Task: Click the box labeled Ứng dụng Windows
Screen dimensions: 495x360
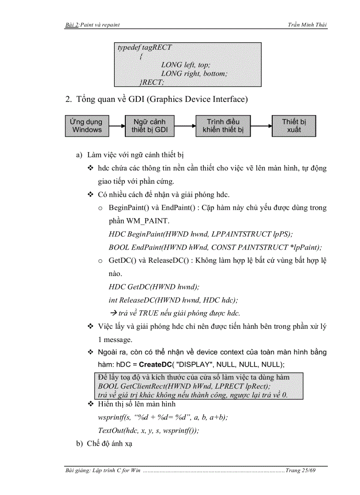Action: click(86, 126)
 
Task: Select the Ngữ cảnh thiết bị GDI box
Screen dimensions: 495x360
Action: click(149, 126)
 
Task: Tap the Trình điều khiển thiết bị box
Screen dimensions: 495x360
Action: click(223, 126)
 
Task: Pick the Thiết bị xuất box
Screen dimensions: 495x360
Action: click(294, 126)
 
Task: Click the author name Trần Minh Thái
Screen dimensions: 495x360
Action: click(307, 26)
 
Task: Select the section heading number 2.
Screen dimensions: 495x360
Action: click(68, 99)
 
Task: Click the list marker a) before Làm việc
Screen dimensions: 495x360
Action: click(79, 155)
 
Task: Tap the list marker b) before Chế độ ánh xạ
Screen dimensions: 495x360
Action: click(79, 443)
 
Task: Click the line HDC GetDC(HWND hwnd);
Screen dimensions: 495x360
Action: click(154, 287)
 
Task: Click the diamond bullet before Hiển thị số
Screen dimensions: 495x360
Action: click(90, 404)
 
